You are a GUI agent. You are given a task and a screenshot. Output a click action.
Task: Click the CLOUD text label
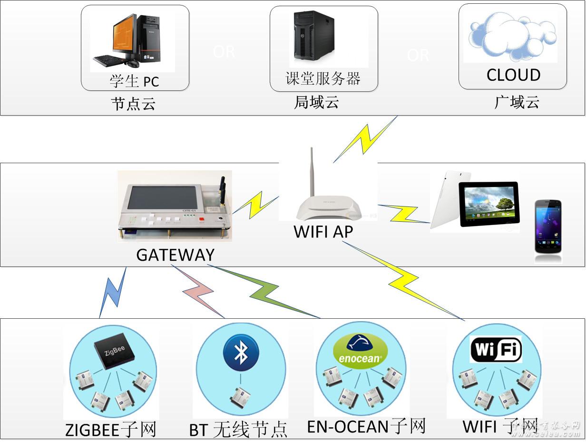[513, 75]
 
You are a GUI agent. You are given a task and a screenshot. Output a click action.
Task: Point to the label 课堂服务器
[323, 79]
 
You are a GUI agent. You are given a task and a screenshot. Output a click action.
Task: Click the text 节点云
[133, 104]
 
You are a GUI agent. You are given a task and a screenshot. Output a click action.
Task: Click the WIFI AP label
[323, 231]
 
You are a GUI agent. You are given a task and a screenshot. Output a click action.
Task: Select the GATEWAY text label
[175, 255]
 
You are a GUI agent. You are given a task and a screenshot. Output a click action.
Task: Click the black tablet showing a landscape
[488, 204]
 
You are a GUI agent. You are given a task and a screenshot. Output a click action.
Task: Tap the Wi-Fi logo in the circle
[496, 350]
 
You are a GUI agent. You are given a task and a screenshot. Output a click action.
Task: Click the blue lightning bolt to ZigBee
[114, 292]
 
